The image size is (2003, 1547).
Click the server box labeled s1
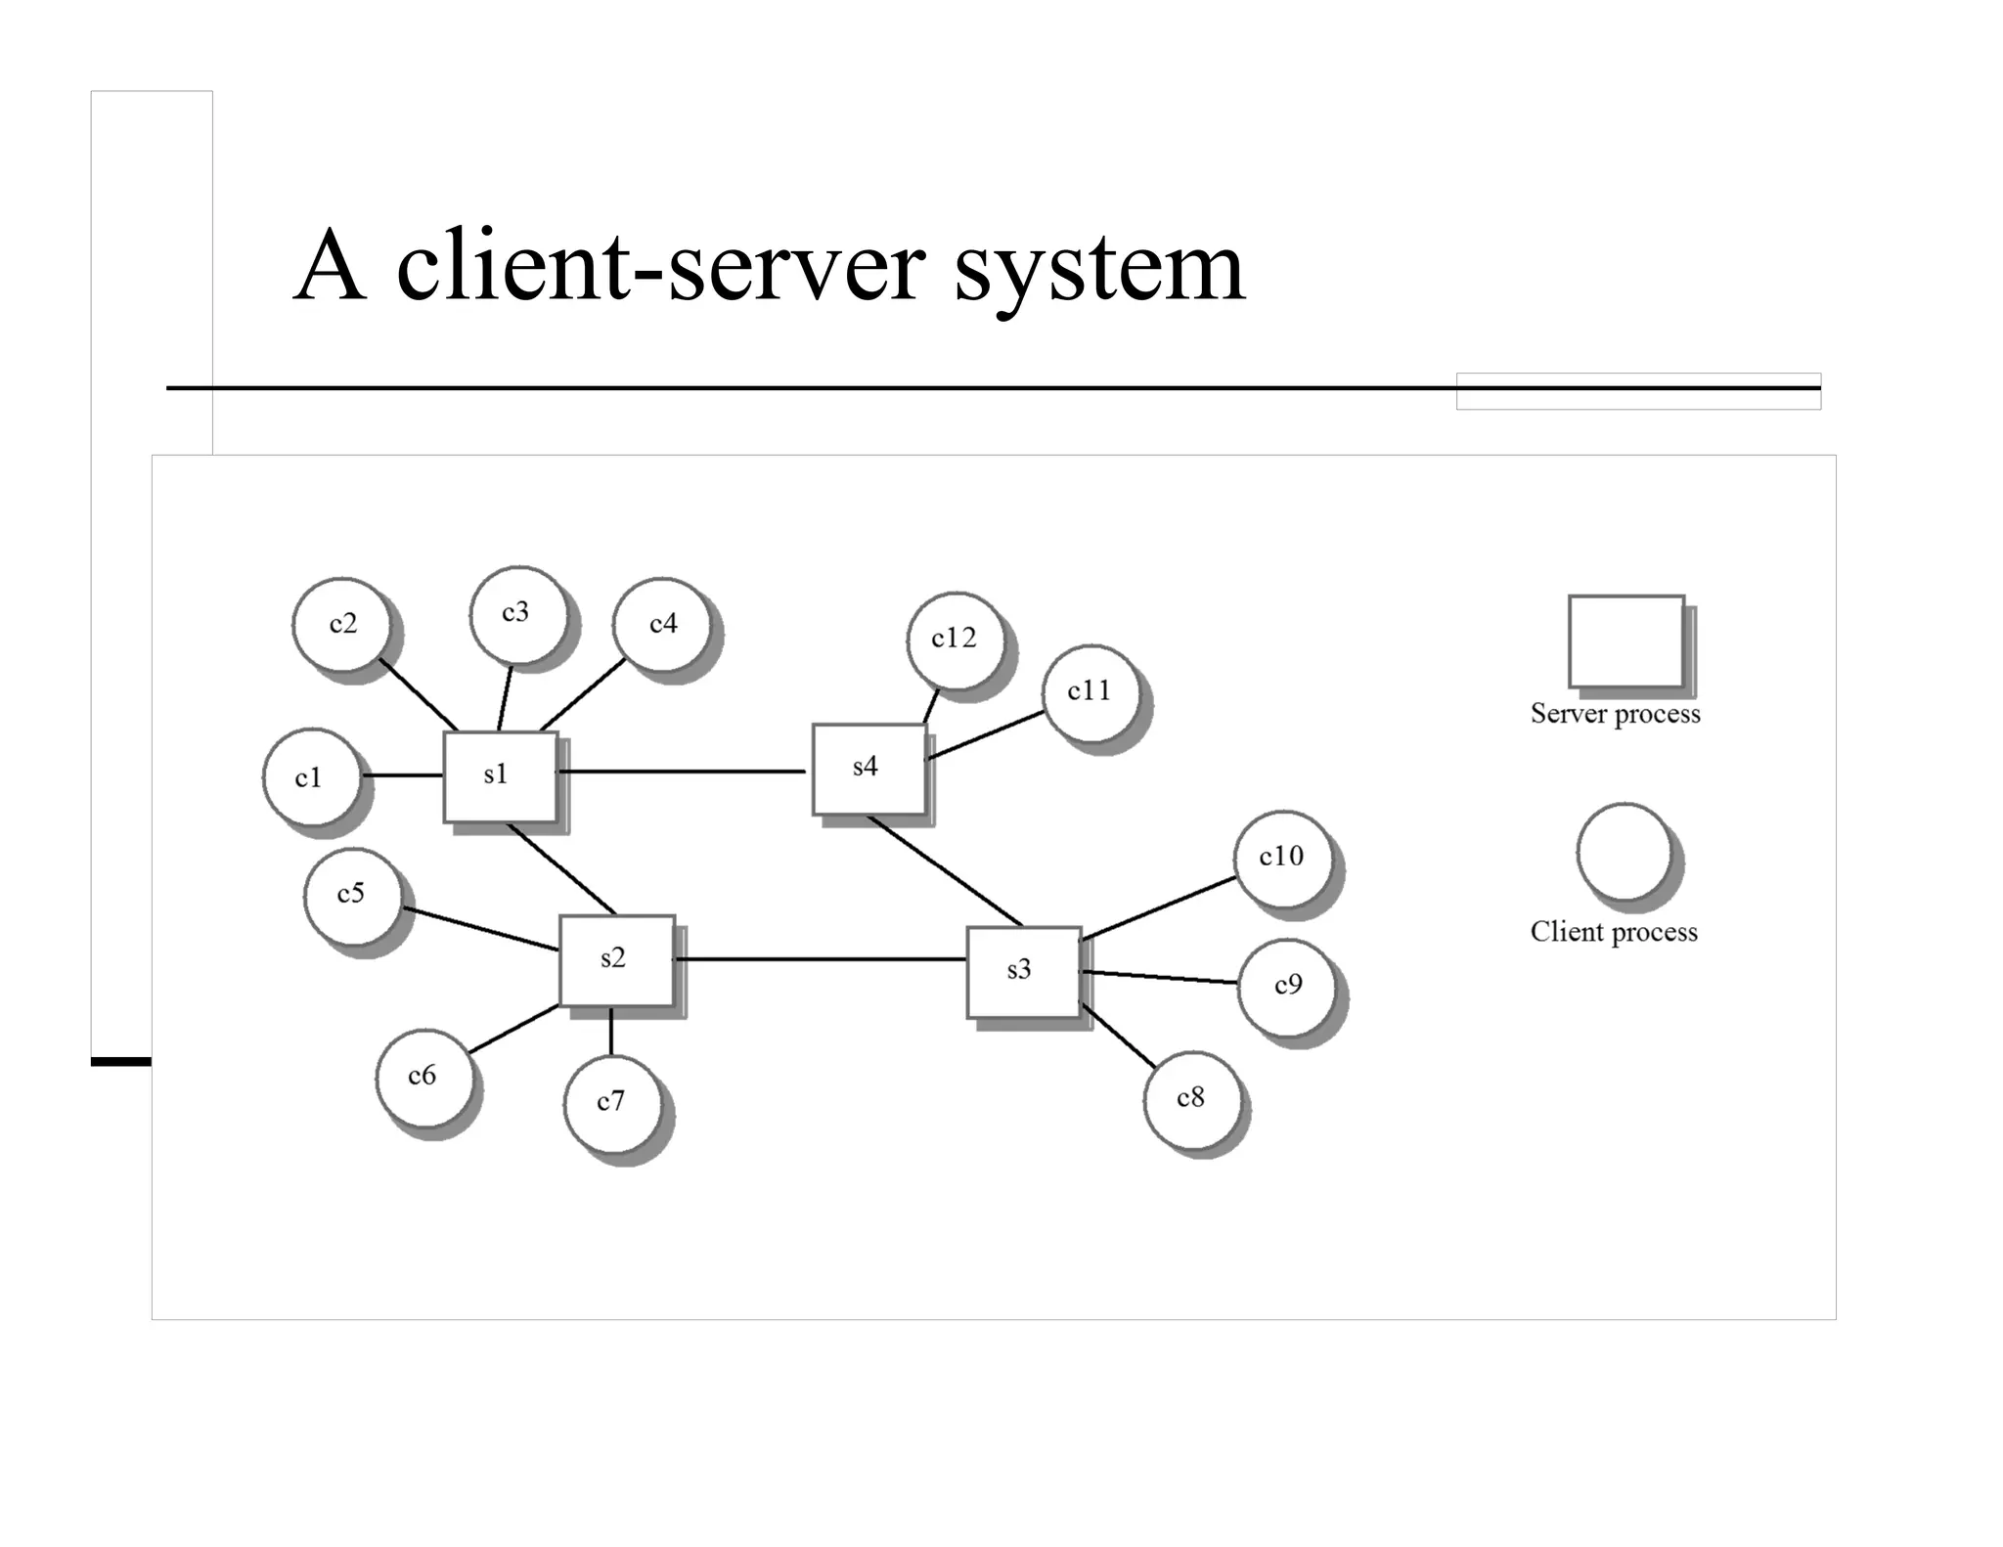(x=500, y=776)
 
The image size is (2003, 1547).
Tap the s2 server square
(x=616, y=960)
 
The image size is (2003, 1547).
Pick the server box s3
(x=1023, y=972)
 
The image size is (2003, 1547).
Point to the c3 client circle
(x=517, y=613)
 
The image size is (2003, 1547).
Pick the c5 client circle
(x=352, y=895)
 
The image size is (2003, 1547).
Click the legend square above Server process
(x=1625, y=641)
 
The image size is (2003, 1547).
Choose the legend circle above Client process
(x=1624, y=852)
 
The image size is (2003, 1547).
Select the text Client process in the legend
(x=1613, y=932)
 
